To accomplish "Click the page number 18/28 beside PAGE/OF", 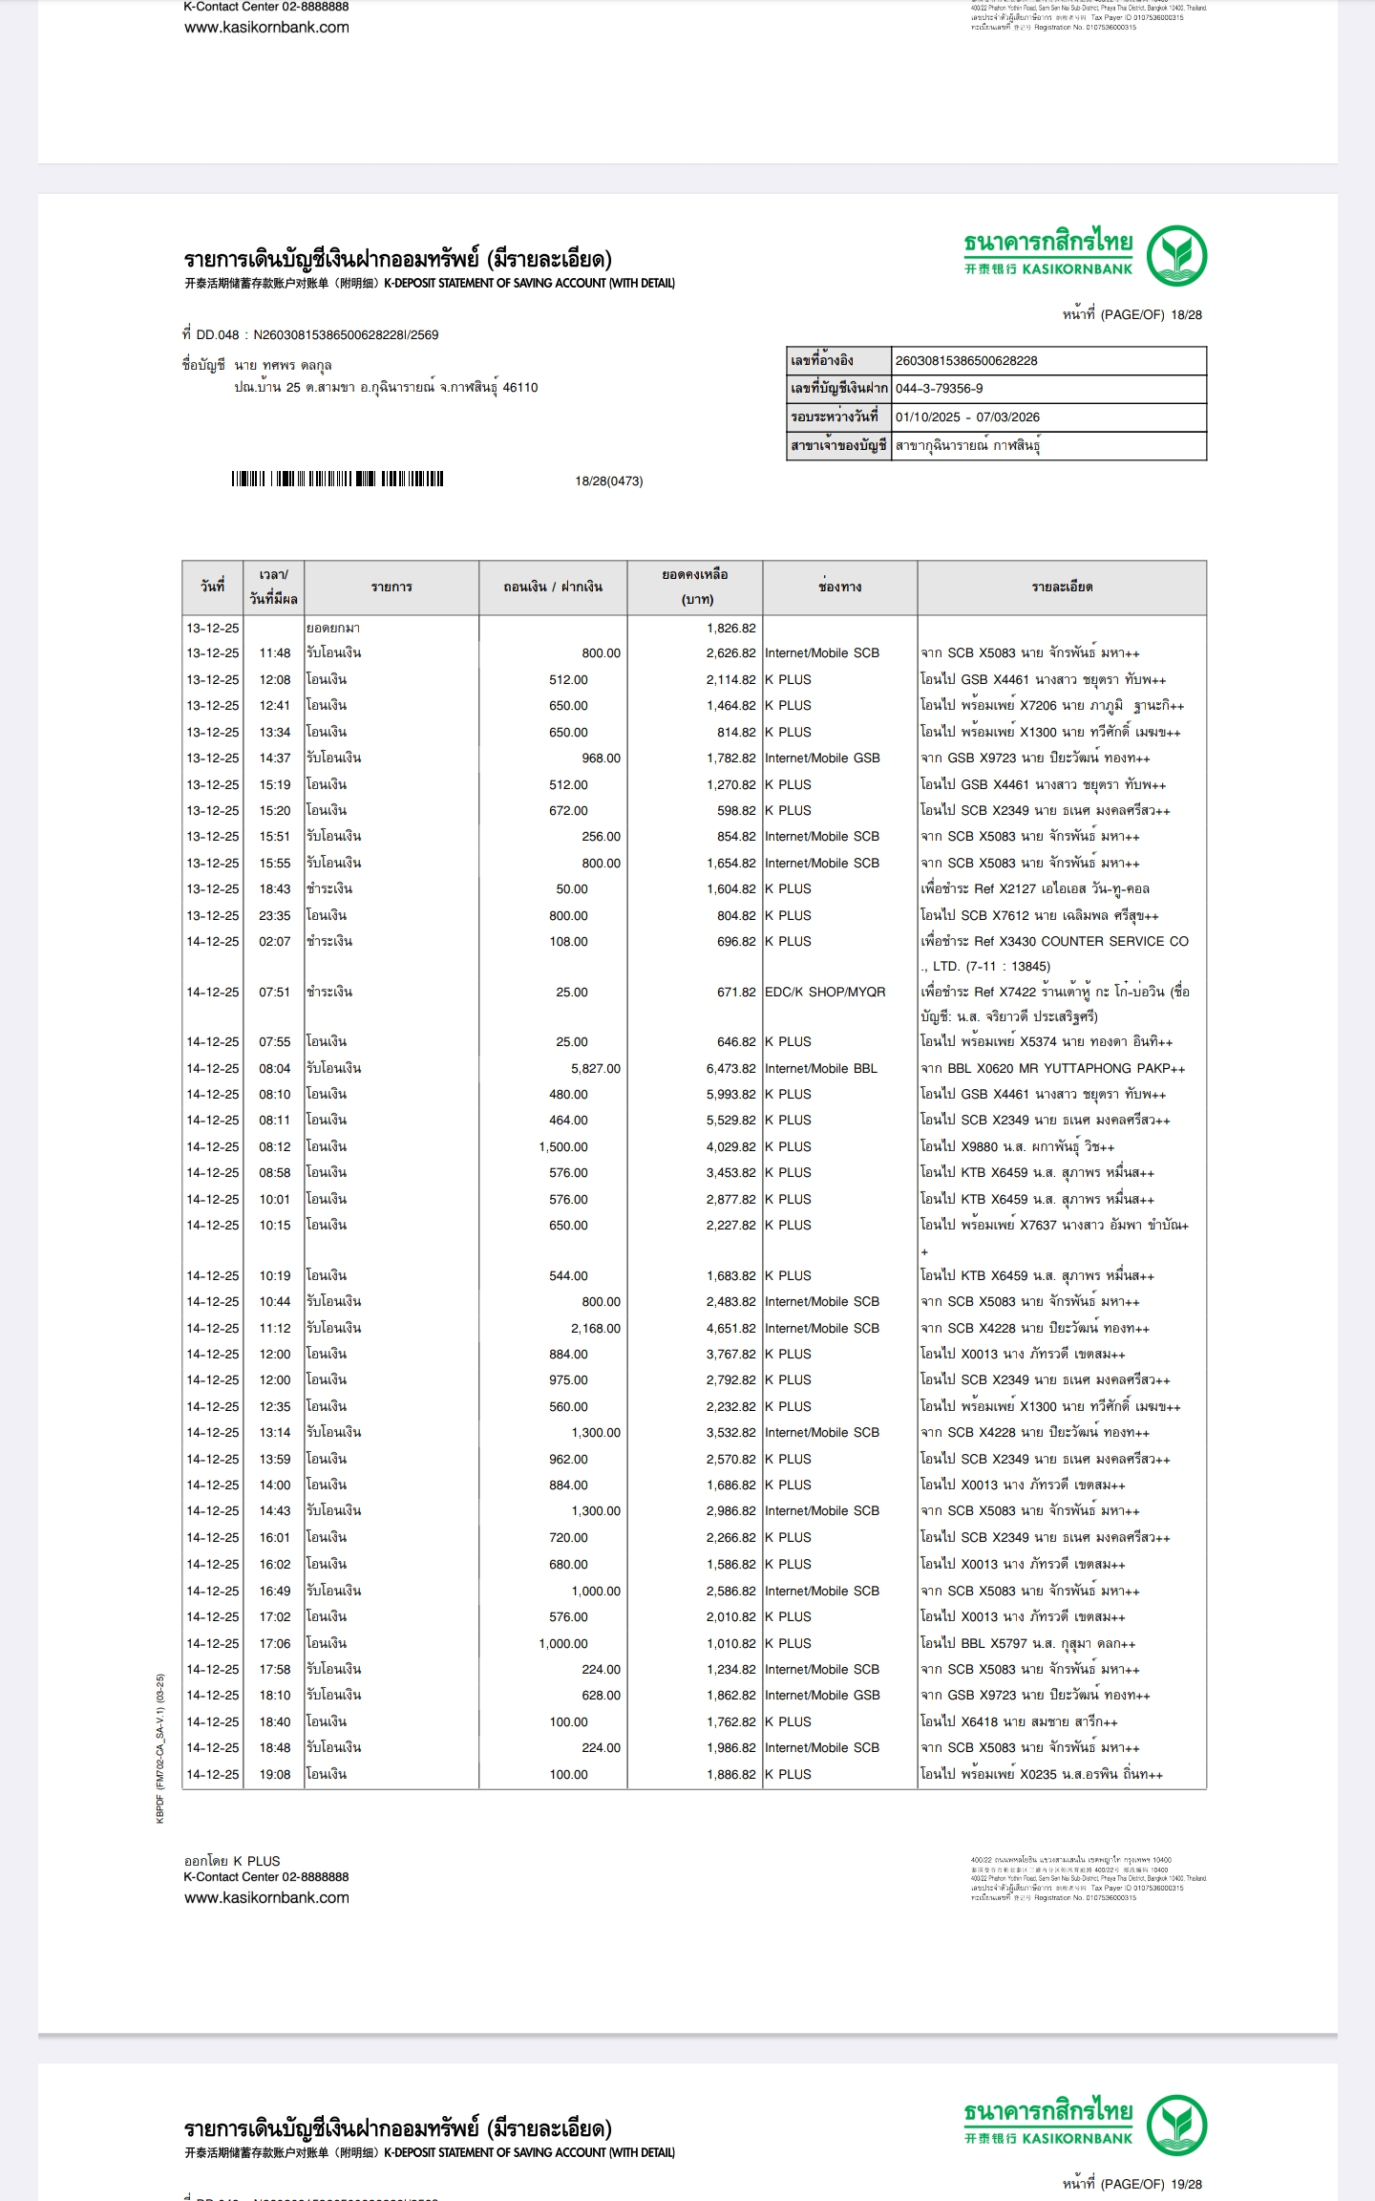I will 1186,314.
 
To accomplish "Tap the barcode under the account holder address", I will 337,480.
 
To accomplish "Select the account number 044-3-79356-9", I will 939,389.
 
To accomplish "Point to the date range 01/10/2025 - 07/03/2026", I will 967,417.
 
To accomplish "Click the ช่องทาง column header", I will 839,587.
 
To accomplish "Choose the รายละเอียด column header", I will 1062,587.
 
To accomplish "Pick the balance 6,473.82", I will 730,1068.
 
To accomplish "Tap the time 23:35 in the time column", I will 275,915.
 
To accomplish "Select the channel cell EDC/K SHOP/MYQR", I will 825,992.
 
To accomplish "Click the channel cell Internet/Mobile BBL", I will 821,1068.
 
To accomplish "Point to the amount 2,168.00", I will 596,1328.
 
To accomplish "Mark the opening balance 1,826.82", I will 730,628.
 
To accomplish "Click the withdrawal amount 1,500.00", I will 563,1146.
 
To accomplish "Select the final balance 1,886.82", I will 730,1774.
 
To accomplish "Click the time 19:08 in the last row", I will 275,1774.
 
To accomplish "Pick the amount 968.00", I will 601,758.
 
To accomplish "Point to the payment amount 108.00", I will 568,941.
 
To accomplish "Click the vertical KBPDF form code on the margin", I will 160,1747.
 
